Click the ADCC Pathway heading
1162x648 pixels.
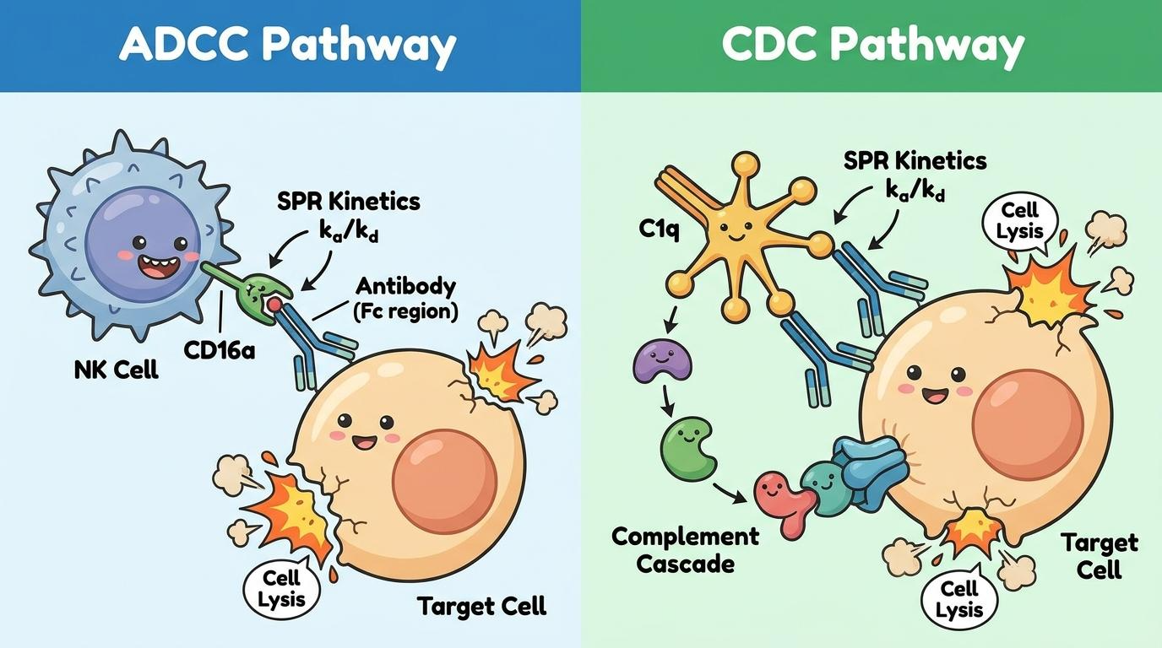(287, 45)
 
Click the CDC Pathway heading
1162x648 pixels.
(872, 45)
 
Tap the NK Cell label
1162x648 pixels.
(116, 370)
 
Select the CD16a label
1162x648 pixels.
(220, 350)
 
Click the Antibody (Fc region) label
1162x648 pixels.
(405, 300)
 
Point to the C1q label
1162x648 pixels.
(659, 229)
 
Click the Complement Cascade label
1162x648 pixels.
(685, 550)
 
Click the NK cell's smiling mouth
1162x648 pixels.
(158, 266)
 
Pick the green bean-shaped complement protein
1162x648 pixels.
(688, 449)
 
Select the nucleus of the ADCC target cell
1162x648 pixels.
(444, 482)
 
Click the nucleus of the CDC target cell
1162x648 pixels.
(1029, 424)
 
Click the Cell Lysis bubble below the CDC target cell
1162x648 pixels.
(959, 599)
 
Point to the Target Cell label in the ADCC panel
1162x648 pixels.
(481, 606)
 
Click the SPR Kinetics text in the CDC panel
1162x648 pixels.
(915, 160)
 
